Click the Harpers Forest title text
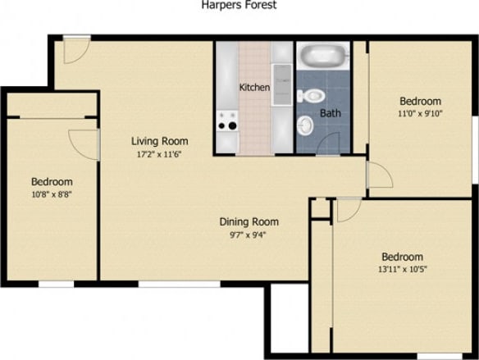239,5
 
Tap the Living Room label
160,140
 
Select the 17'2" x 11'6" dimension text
160,153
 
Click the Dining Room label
249,221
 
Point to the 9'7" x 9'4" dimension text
249,235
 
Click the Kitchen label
254,88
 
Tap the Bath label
330,113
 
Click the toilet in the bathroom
309,96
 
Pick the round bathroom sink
305,125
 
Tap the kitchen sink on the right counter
281,82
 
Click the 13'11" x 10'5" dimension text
402,269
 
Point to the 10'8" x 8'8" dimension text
52,195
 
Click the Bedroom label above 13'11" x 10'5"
402,256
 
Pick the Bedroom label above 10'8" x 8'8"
52,182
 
